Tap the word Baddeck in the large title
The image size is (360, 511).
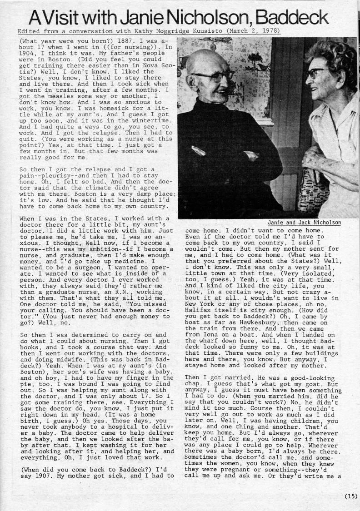tap(291, 17)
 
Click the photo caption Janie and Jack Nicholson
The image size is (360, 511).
tap(304, 223)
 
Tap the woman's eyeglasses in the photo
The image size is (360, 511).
tap(315, 73)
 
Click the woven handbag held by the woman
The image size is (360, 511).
tap(312, 191)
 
